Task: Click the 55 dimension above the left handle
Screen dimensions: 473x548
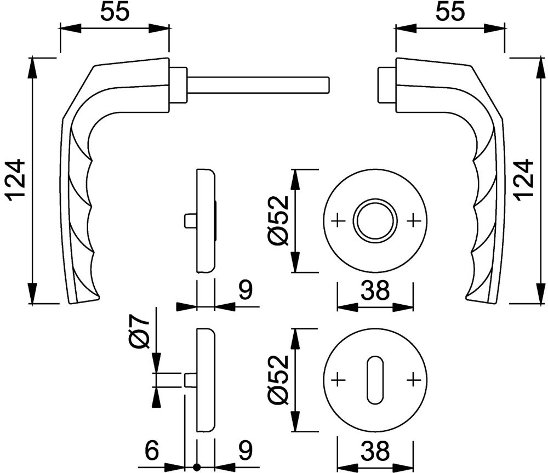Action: [x=115, y=12]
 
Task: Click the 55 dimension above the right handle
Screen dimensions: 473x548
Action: [x=450, y=12]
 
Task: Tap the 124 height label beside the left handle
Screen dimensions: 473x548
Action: [x=14, y=180]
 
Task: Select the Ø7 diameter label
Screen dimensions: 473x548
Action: [x=139, y=332]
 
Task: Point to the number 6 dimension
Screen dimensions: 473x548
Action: [x=152, y=451]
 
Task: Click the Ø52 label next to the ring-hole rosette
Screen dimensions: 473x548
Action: [x=278, y=221]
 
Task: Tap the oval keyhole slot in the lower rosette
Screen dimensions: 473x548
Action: [x=375, y=380]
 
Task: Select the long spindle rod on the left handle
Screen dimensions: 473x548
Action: [x=258, y=85]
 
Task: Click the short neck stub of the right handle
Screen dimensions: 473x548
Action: [x=386, y=85]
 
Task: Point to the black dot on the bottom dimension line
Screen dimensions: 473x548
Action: [x=197, y=468]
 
